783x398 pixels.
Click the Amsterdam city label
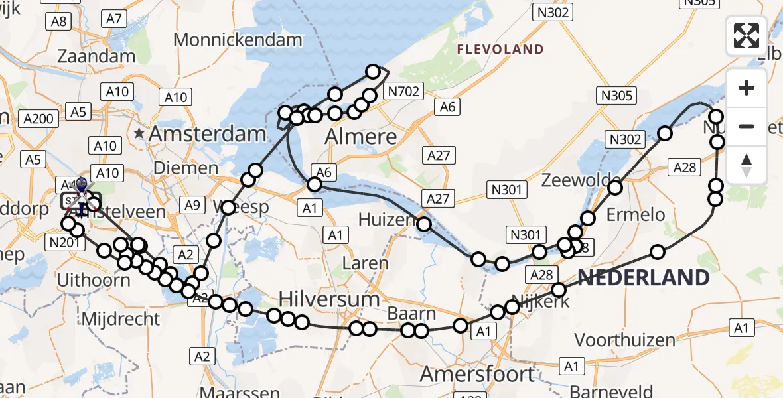[x=207, y=135]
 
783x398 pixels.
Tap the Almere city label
[x=362, y=138]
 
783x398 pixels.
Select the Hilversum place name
[x=329, y=299]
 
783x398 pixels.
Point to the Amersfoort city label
[x=477, y=373]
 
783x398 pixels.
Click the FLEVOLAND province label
[x=500, y=50]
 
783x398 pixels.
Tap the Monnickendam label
[x=238, y=40]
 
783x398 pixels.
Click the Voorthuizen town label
[x=624, y=340]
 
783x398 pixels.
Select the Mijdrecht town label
[x=121, y=319]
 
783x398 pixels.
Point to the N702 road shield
[x=404, y=92]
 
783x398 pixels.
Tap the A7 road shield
[x=115, y=19]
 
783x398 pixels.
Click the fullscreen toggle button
[x=747, y=36]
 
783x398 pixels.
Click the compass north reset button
[x=747, y=165]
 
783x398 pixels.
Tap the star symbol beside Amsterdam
[x=139, y=134]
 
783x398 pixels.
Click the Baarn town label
[x=412, y=314]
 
